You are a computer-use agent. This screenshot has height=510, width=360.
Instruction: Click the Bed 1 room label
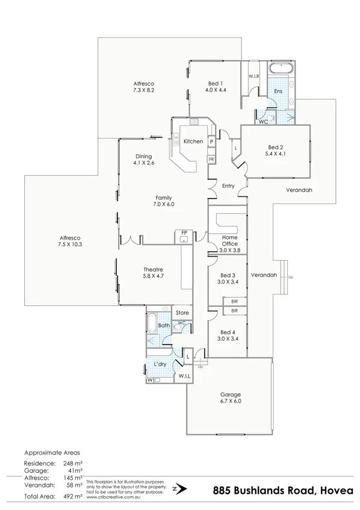(215, 83)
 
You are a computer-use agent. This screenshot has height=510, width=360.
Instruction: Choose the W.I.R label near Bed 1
(253, 76)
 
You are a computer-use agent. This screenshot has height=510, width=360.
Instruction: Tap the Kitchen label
(193, 141)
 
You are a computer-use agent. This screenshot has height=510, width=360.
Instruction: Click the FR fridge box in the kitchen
(211, 159)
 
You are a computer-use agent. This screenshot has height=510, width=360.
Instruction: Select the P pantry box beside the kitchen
(212, 141)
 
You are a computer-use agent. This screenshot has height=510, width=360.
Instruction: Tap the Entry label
(228, 186)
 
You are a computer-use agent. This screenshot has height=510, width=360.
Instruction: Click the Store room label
(182, 313)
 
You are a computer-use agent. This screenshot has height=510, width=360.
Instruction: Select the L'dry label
(160, 365)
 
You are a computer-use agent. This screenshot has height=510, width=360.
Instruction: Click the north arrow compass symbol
(176, 489)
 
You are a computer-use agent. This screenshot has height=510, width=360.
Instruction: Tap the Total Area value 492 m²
(74, 497)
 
